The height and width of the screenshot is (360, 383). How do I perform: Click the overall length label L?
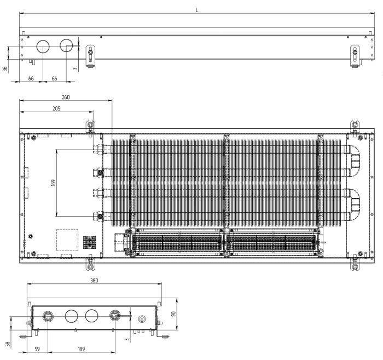(x=196, y=10)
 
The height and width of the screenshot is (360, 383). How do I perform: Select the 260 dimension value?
(x=66, y=97)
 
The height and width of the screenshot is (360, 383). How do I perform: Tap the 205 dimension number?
(x=56, y=108)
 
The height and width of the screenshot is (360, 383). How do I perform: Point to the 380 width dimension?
(x=94, y=281)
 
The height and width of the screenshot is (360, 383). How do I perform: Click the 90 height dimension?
(x=173, y=314)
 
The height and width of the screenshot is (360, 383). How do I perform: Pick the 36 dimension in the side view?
(x=5, y=69)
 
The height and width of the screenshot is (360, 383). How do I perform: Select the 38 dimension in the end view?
(x=8, y=344)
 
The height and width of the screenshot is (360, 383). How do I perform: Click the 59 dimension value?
(x=37, y=349)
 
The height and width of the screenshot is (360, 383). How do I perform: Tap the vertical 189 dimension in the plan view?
(x=54, y=183)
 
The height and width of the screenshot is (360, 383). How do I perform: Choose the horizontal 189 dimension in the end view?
(x=82, y=349)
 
